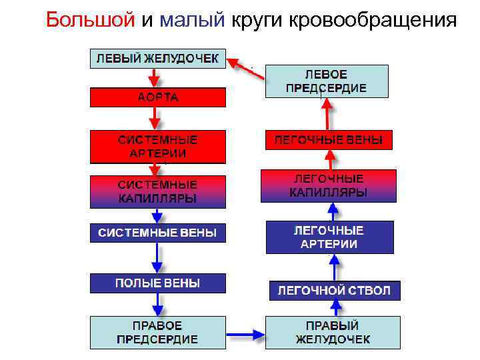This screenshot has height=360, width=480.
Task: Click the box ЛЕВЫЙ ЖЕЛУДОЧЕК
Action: (x=158, y=58)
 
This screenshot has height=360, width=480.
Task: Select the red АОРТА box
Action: (x=158, y=98)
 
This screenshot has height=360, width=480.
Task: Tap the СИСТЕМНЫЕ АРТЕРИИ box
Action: (x=158, y=147)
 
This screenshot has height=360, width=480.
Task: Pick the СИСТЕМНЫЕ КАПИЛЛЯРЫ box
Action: (x=158, y=191)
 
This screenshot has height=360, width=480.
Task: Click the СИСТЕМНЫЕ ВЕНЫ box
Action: (x=158, y=233)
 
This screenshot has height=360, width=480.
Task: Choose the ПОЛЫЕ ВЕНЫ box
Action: (x=158, y=283)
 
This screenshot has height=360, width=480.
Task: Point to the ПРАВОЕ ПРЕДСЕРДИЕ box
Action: (x=158, y=332)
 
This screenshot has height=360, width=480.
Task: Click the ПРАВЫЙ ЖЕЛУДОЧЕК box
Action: (x=333, y=332)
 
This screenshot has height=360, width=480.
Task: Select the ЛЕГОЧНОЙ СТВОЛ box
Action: (x=334, y=291)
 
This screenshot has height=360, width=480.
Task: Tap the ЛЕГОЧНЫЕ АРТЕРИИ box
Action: (x=329, y=237)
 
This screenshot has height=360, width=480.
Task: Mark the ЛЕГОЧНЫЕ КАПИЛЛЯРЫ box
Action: (x=329, y=186)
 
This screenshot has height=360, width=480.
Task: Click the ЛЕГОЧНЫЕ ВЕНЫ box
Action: (x=329, y=140)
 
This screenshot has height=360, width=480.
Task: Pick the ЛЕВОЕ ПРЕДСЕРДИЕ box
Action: (x=327, y=81)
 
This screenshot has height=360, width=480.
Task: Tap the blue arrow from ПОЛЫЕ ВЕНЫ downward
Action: (x=158, y=304)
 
